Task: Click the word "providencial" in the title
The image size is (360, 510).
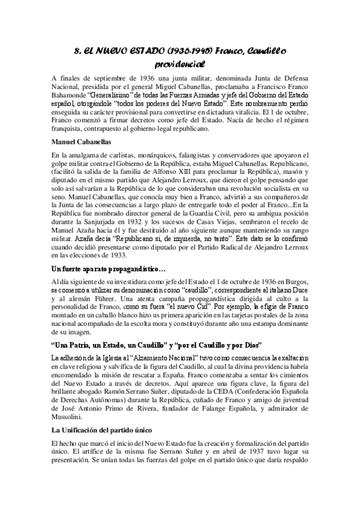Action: pos(180,63)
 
